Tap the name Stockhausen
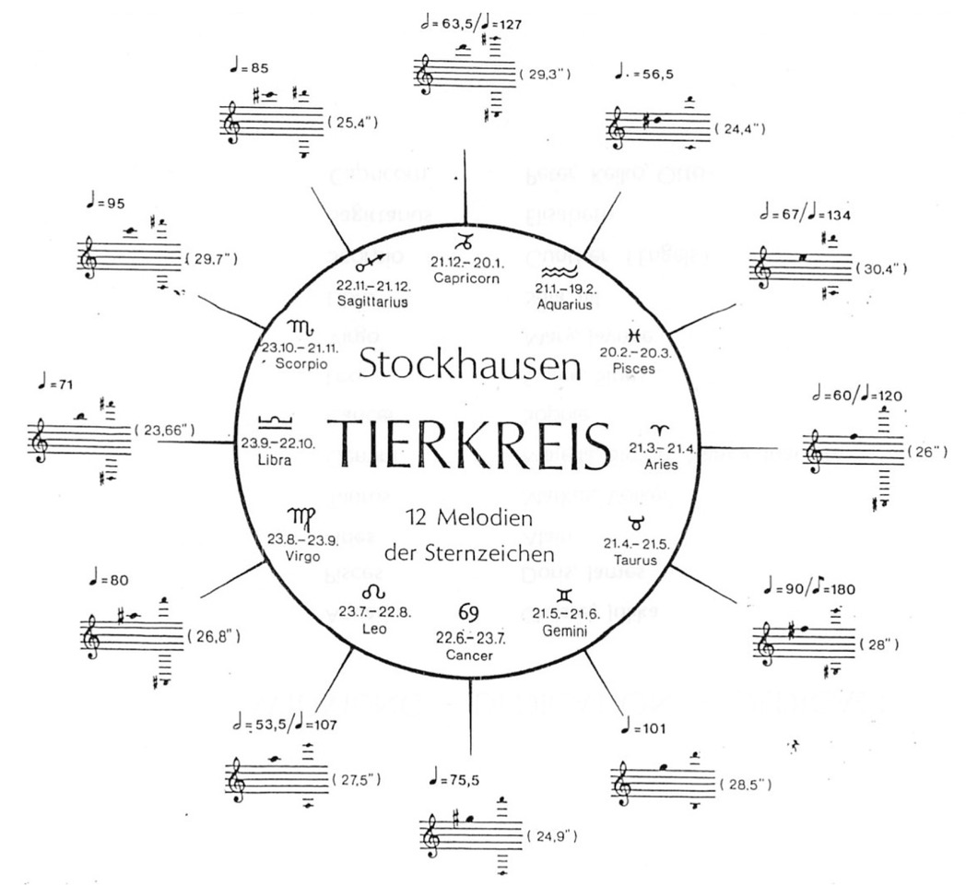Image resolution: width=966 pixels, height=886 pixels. (x=470, y=366)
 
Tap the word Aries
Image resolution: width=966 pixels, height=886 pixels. (x=662, y=465)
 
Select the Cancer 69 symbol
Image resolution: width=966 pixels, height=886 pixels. (x=469, y=612)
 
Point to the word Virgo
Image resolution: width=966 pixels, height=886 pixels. (x=301, y=556)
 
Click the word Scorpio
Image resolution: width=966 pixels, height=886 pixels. (x=297, y=364)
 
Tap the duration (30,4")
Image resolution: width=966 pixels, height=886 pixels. (x=886, y=269)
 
